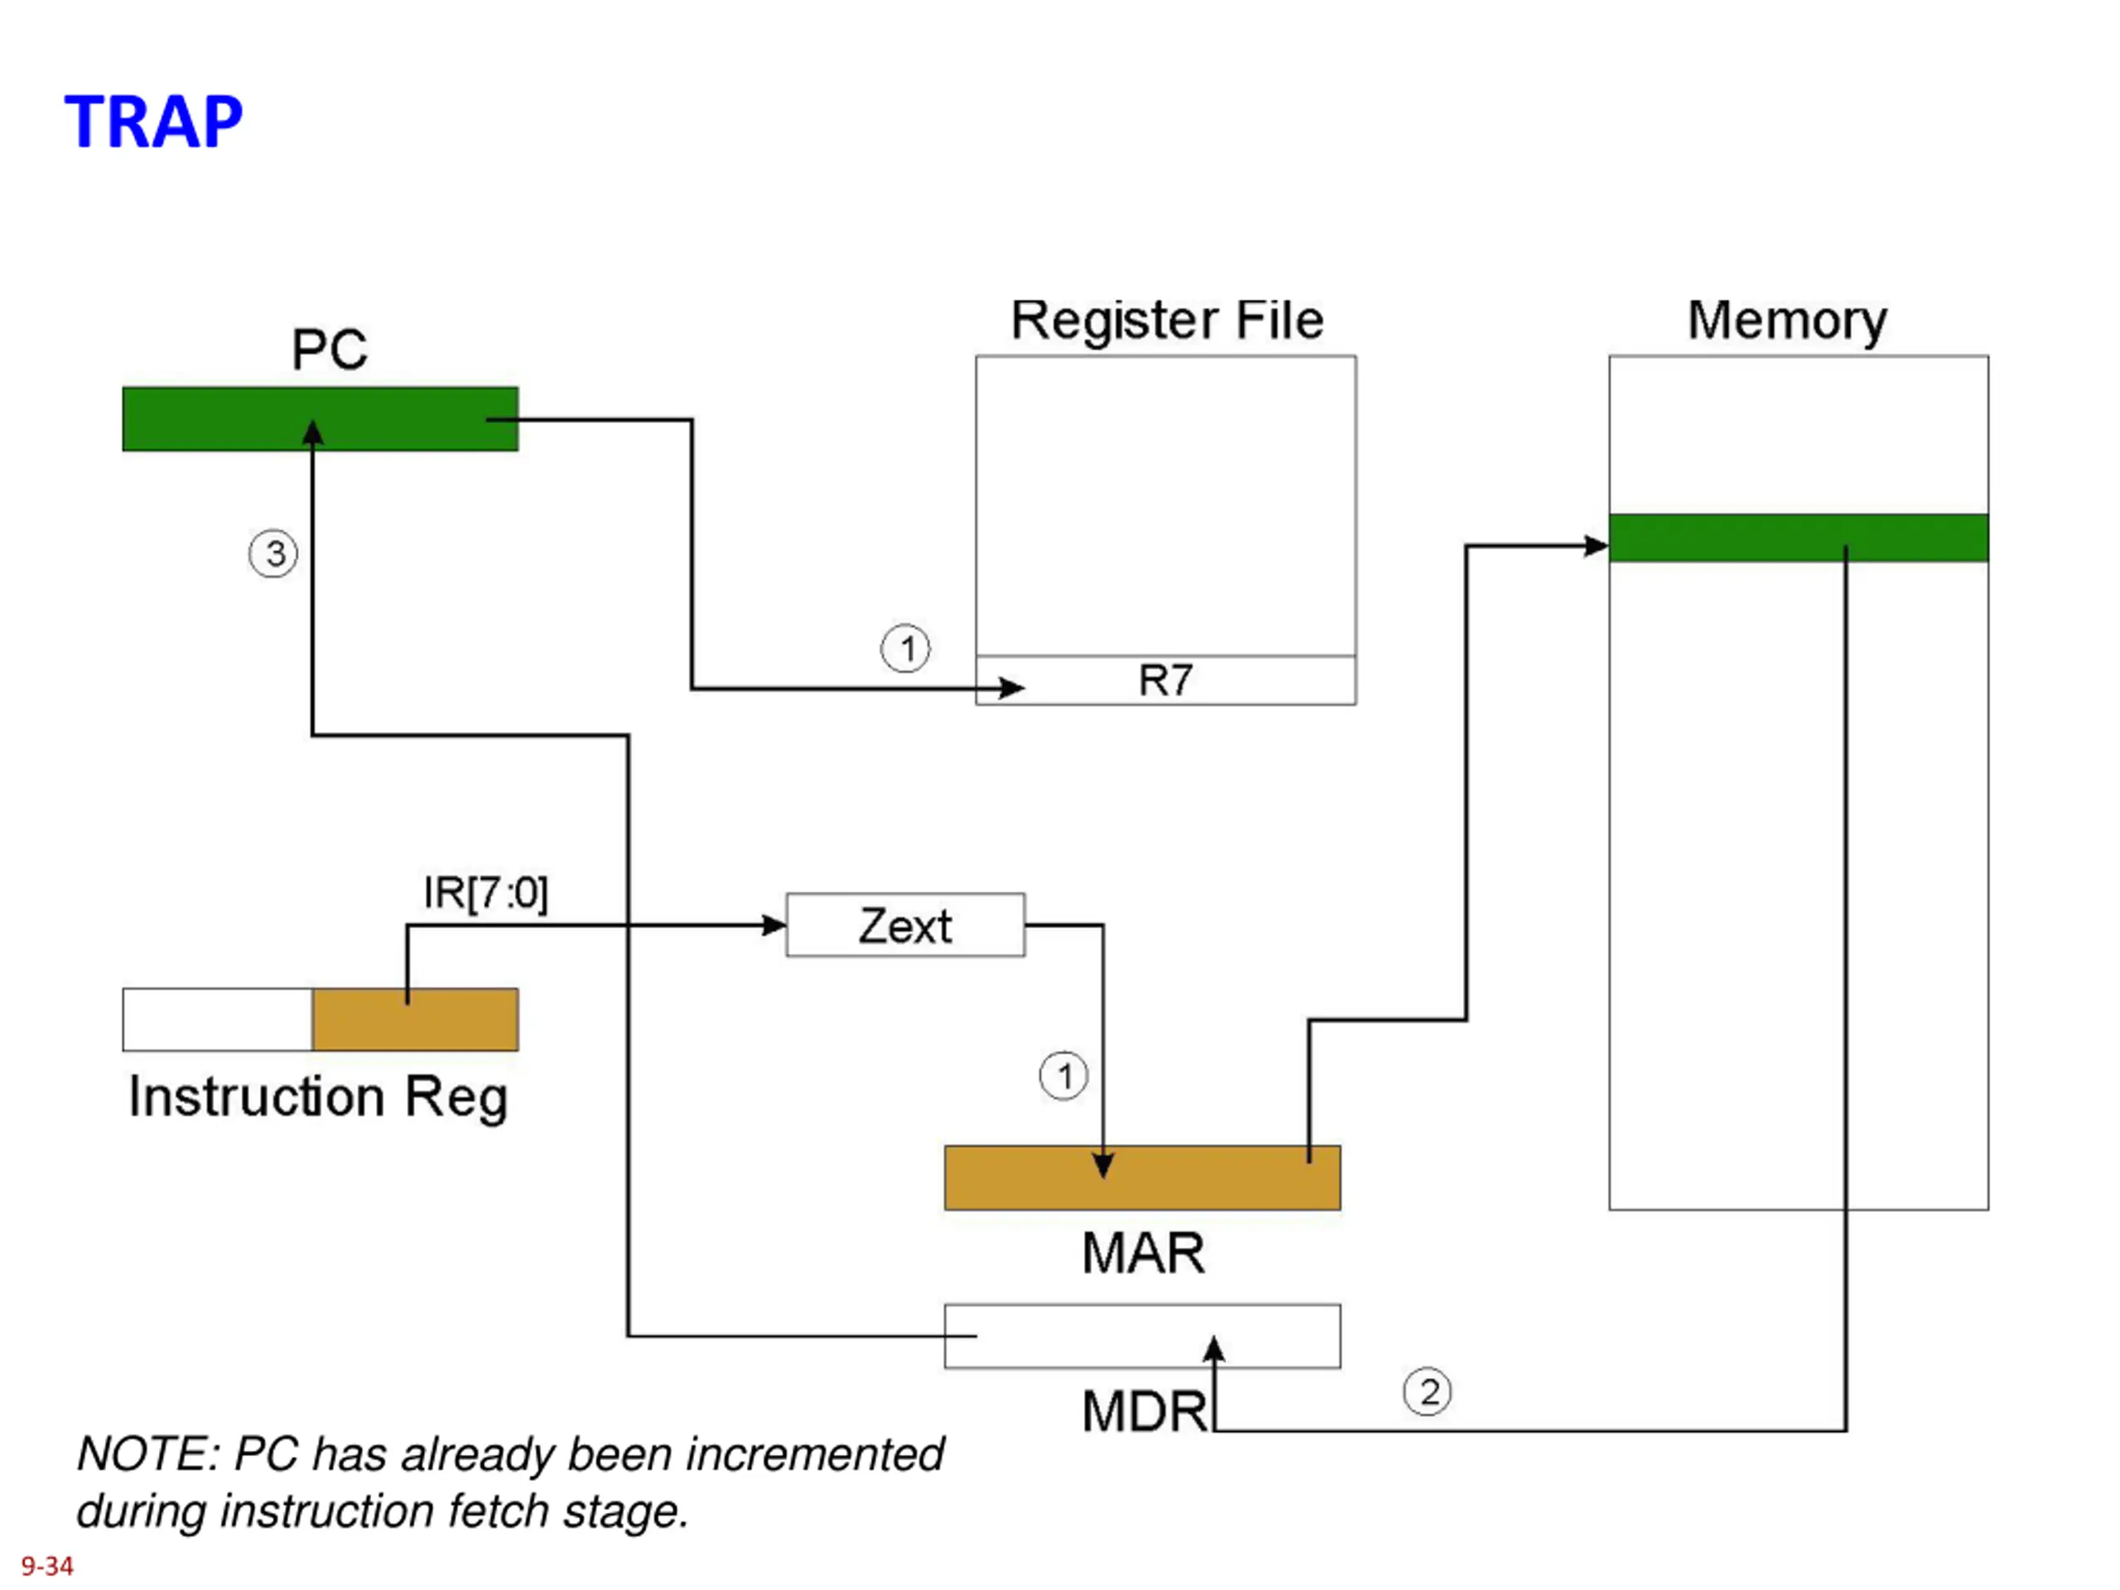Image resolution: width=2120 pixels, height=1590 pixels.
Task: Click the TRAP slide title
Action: (x=153, y=122)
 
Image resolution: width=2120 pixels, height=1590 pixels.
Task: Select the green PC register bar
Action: (x=320, y=419)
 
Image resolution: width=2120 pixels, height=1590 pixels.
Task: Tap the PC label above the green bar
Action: (x=329, y=349)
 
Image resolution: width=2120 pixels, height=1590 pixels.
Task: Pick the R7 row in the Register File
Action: (x=1165, y=681)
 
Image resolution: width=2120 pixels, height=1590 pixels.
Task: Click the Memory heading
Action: (x=1786, y=321)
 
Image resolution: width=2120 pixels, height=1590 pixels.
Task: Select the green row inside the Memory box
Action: (x=1798, y=537)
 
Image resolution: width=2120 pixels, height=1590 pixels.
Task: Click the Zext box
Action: (x=905, y=925)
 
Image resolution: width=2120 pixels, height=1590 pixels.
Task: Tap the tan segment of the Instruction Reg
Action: (x=415, y=1019)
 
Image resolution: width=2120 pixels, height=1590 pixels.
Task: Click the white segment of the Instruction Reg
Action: (x=218, y=1019)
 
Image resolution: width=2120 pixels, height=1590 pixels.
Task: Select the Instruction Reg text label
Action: (x=318, y=1097)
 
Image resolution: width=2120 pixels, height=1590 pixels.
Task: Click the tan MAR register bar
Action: (x=1143, y=1178)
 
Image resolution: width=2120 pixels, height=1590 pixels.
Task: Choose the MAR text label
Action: (x=1143, y=1254)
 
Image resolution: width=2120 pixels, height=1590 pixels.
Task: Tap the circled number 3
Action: (x=273, y=554)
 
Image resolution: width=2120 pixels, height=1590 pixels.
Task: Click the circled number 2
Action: (x=1427, y=1391)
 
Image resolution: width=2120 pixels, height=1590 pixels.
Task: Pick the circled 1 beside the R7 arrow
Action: (x=905, y=649)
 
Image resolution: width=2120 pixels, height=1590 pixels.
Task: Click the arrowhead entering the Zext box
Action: (x=774, y=925)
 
